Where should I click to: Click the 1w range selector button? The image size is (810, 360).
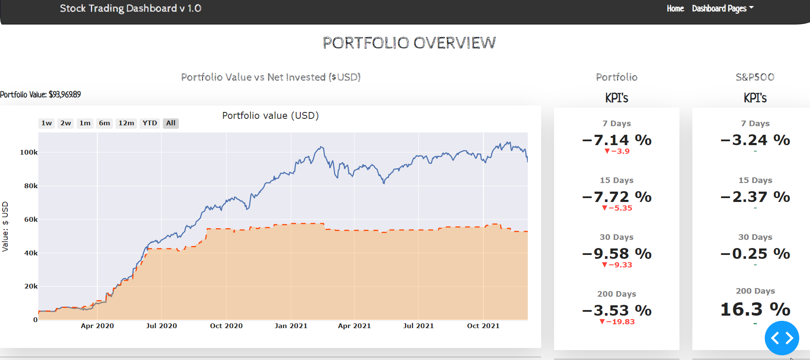pos(47,123)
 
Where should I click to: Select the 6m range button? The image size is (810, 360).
pos(104,123)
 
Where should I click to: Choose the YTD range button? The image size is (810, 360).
pos(150,123)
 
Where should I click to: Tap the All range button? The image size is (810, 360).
pos(171,123)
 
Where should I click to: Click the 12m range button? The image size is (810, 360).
pos(126,123)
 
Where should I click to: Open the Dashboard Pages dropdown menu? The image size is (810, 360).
pos(723,9)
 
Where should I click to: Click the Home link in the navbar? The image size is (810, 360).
pos(675,9)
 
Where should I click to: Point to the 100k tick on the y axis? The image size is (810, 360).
pos(29,152)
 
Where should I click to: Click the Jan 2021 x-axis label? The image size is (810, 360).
pos(291,326)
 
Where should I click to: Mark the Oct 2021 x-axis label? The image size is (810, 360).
pos(483,326)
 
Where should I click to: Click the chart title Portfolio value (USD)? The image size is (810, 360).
pos(270,115)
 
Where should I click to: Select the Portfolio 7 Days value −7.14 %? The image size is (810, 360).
pos(617,140)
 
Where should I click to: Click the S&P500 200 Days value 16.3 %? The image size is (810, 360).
pos(755,309)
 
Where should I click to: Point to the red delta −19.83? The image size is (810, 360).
pos(617,322)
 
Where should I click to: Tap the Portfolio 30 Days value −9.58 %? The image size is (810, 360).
pos(617,254)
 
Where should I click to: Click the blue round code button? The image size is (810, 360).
pos(782,338)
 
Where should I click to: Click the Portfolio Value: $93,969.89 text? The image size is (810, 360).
pos(40,95)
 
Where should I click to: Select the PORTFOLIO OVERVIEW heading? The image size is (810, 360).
pos(409,43)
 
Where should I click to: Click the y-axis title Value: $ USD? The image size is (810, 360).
pos(5,227)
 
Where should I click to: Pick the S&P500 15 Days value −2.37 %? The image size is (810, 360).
pos(755,197)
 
